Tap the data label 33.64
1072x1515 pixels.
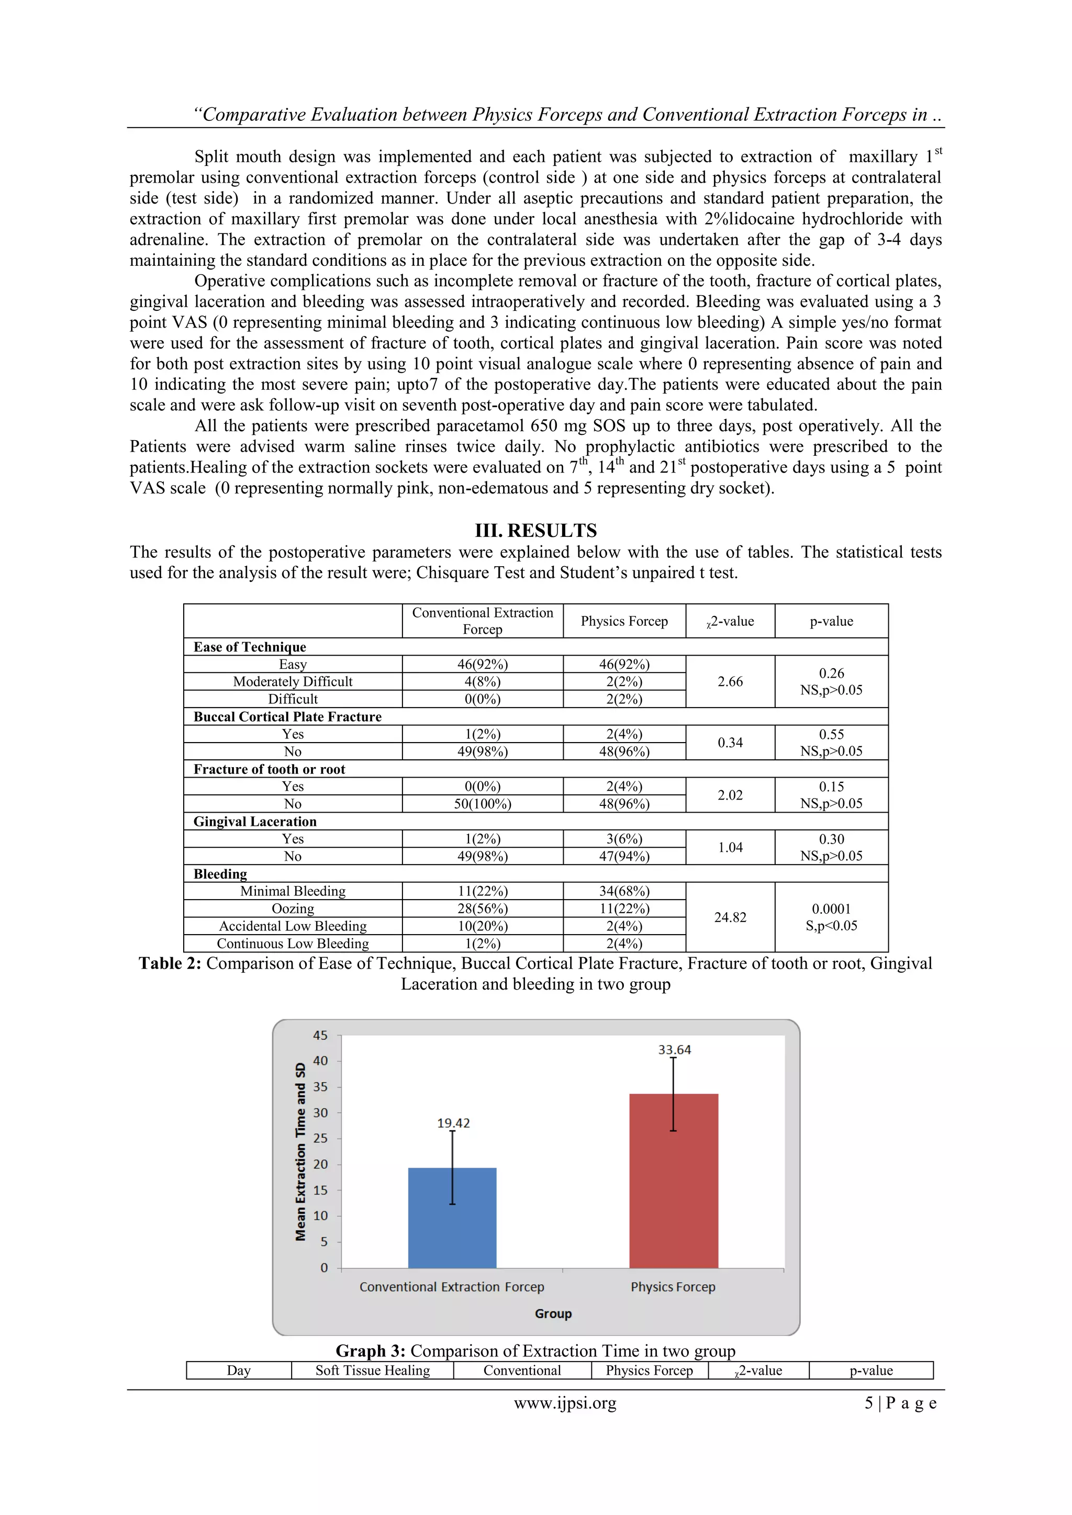(x=674, y=1050)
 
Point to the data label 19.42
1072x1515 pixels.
(x=453, y=1123)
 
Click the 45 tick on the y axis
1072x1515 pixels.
(x=320, y=1035)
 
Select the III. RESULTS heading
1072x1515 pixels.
(x=535, y=531)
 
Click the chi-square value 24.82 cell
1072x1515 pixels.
(x=730, y=917)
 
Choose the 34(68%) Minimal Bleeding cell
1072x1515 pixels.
(x=624, y=891)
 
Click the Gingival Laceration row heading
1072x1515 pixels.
(x=255, y=822)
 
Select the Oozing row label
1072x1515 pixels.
(x=293, y=908)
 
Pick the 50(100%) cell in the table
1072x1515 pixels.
(x=483, y=804)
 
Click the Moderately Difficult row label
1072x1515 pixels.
(x=293, y=681)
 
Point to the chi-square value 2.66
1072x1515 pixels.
(x=730, y=681)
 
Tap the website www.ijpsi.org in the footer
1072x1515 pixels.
(x=565, y=1403)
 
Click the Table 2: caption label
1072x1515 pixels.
(x=170, y=963)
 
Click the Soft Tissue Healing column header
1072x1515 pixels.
(x=372, y=1371)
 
